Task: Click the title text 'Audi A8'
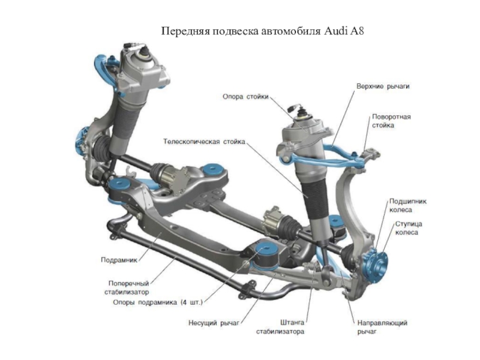(x=344, y=30)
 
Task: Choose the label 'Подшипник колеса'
(x=408, y=206)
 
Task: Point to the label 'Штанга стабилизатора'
(x=281, y=327)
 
